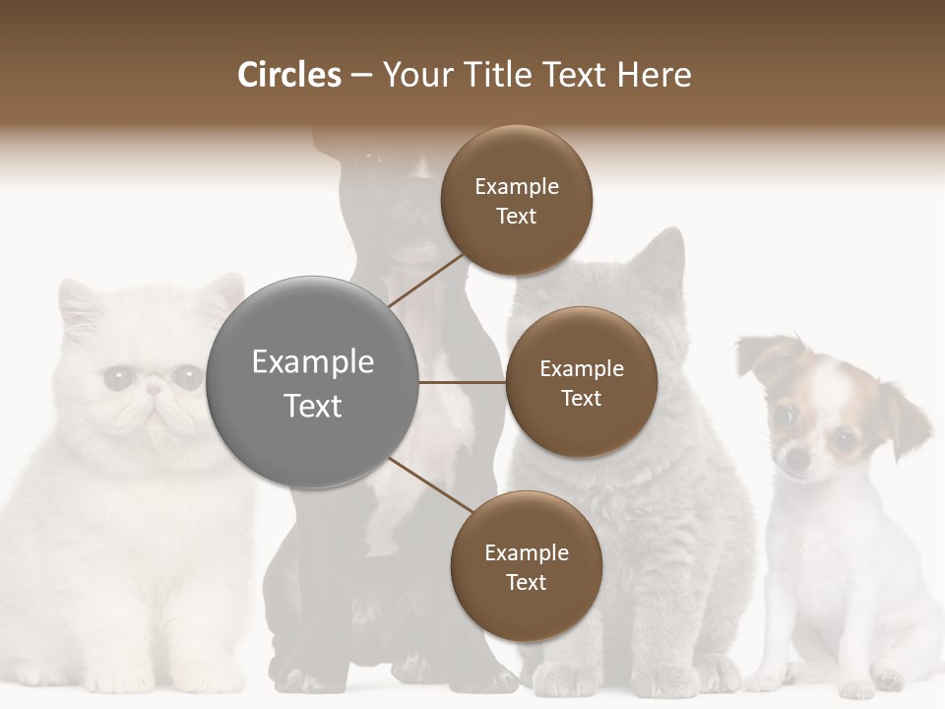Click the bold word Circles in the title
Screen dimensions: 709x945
click(x=289, y=75)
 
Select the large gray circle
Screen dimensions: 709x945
click(x=313, y=382)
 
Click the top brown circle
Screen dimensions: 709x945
click(x=517, y=200)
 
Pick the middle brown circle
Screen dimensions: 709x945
click(x=582, y=382)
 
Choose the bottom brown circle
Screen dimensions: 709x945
click(x=527, y=566)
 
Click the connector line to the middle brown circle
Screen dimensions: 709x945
click(x=463, y=382)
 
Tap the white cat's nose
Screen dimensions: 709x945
click(x=154, y=390)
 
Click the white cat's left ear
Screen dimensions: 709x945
click(x=79, y=300)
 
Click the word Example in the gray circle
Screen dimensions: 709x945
click(x=313, y=362)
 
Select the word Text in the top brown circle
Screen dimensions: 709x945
click(x=517, y=216)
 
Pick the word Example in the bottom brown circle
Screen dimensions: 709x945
click(x=527, y=552)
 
